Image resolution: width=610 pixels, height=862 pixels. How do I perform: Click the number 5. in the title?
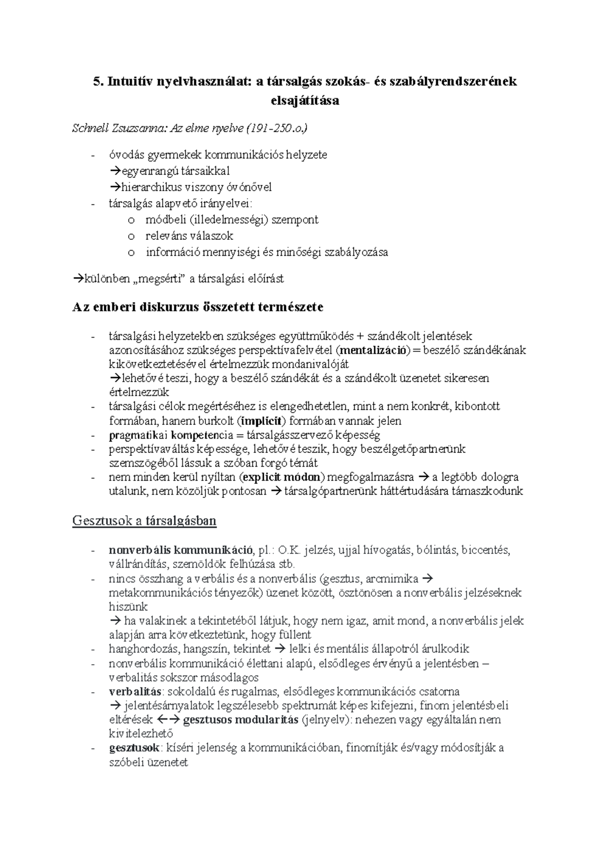click(97, 82)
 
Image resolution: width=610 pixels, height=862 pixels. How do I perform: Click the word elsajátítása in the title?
click(305, 100)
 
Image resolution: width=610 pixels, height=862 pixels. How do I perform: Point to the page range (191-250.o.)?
click(277, 129)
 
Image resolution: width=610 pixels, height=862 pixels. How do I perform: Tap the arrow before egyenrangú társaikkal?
click(113, 171)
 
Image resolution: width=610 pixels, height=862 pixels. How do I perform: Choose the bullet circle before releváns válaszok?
click(132, 236)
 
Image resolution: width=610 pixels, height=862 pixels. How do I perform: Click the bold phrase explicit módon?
click(283, 477)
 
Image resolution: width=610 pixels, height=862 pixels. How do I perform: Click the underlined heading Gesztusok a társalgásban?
click(145, 521)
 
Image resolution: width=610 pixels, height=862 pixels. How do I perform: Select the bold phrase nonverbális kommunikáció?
click(180, 550)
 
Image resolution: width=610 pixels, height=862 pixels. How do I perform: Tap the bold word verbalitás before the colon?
click(135, 691)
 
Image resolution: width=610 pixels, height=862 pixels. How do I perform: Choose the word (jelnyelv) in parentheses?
click(324, 720)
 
